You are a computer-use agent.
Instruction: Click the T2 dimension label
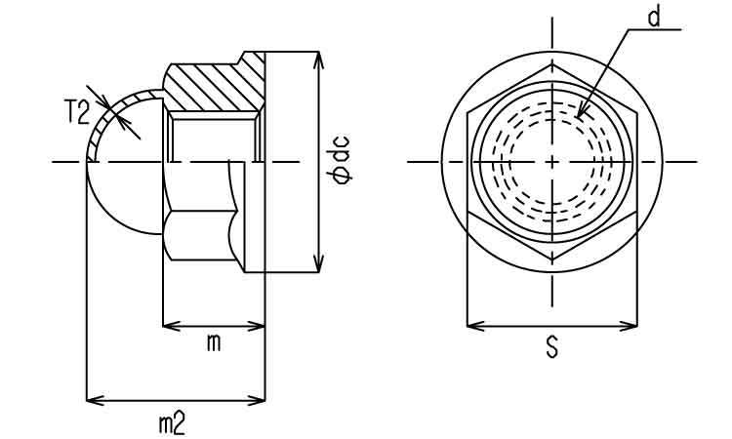[x=77, y=113]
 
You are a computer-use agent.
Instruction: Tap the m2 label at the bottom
[x=172, y=424]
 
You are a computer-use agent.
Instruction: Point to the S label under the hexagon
[x=551, y=347]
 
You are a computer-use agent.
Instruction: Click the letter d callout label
[x=655, y=18]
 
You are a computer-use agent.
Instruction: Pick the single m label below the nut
[x=214, y=344]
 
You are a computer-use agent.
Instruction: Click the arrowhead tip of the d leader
[x=578, y=117]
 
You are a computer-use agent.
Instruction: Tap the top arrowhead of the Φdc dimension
[x=318, y=53]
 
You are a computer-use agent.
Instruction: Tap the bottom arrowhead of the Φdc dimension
[x=318, y=271]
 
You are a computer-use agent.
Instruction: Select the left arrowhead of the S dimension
[x=468, y=326]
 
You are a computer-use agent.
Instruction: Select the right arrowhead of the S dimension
[x=636, y=326]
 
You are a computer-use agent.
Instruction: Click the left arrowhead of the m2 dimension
[x=87, y=400]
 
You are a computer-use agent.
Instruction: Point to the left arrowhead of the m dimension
[x=163, y=326]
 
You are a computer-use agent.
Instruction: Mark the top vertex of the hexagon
[x=552, y=64]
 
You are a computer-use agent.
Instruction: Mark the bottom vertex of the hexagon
[x=552, y=260]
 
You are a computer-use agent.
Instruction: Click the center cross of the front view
[x=552, y=162]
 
